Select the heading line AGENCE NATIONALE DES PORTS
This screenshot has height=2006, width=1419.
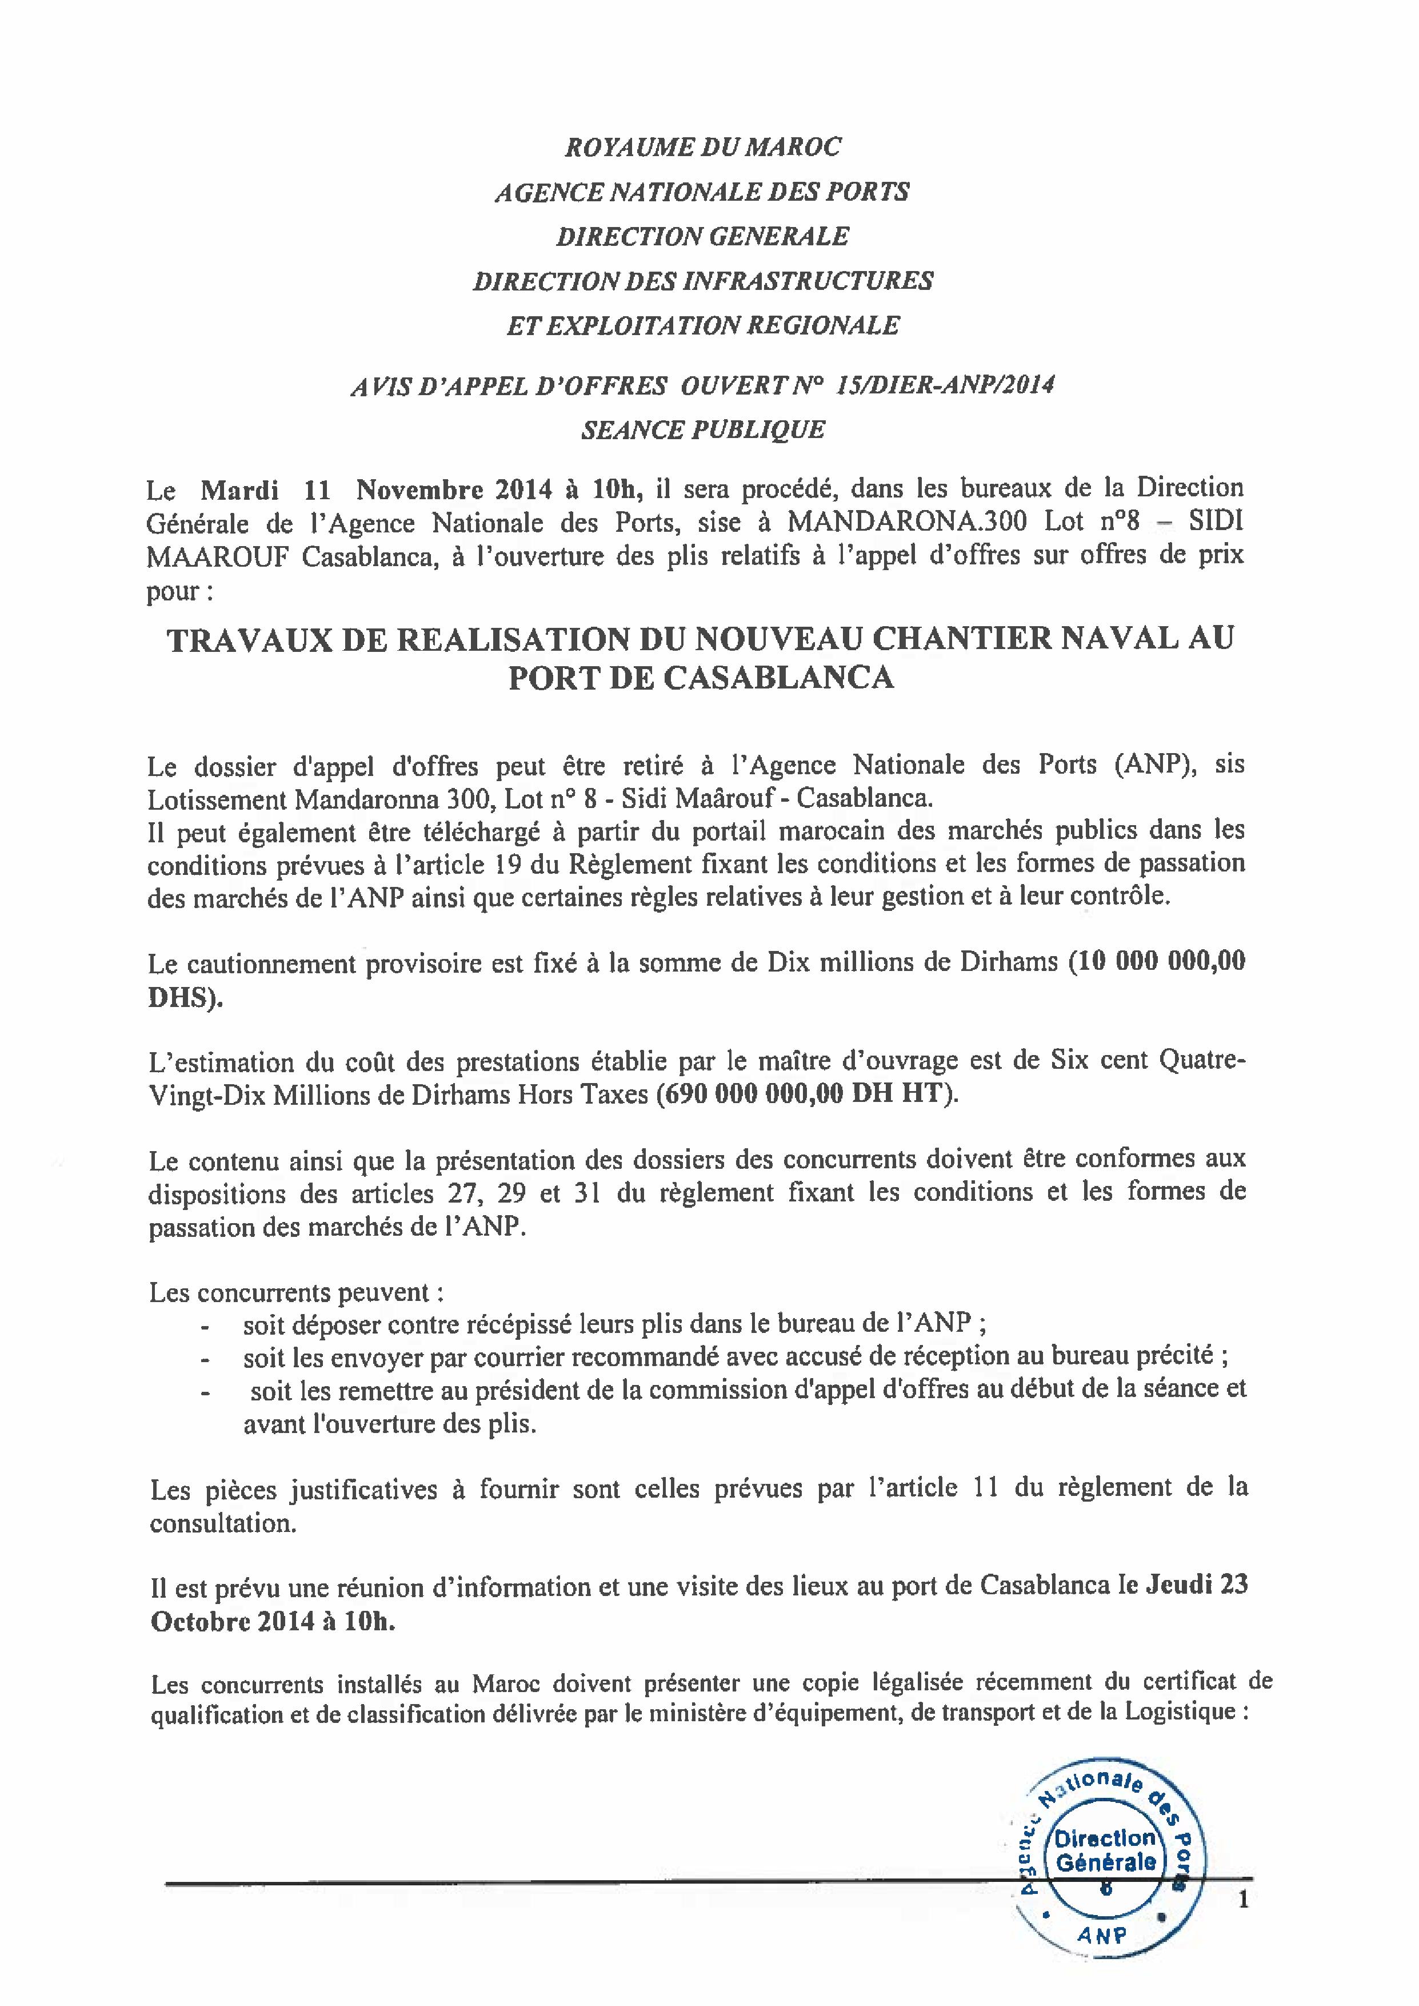point(702,192)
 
